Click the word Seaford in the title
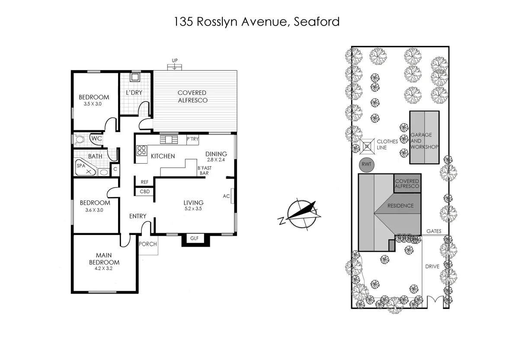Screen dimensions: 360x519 click(x=317, y=22)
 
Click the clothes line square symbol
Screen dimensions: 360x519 click(x=367, y=146)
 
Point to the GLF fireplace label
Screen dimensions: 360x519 click(x=192, y=238)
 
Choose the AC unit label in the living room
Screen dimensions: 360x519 click(x=226, y=196)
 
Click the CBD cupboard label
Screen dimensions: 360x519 click(x=145, y=191)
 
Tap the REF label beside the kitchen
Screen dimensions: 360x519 click(x=144, y=182)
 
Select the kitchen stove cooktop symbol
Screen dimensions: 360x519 click(x=142, y=151)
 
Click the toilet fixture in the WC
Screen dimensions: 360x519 click(x=80, y=140)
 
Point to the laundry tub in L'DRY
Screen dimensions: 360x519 click(x=135, y=78)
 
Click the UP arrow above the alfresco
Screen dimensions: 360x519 click(x=175, y=65)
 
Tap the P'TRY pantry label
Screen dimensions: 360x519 click(x=192, y=139)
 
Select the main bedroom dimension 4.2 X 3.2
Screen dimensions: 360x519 click(x=104, y=268)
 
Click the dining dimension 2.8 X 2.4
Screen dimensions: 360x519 click(x=216, y=159)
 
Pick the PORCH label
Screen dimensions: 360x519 click(x=147, y=244)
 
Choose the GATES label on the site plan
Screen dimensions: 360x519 click(x=434, y=231)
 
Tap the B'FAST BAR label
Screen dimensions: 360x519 click(x=204, y=170)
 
